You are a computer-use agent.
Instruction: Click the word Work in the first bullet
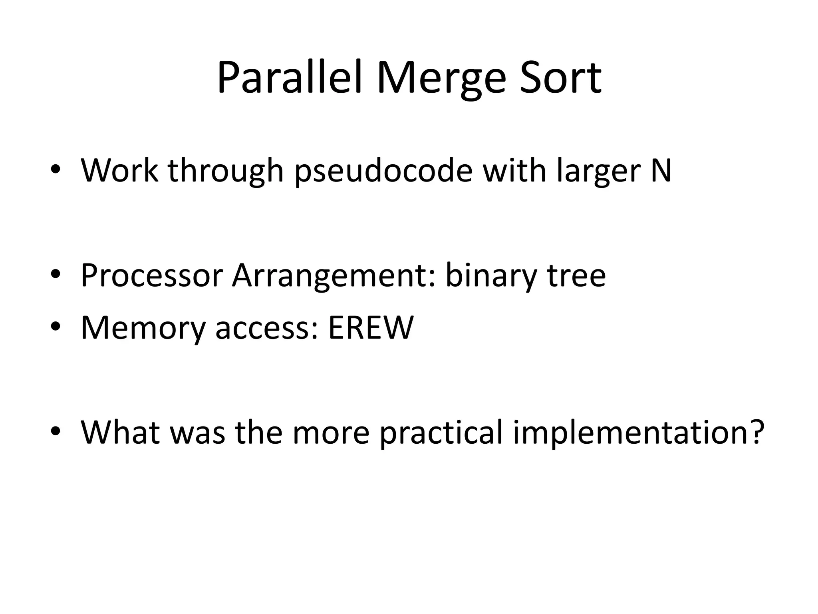click(x=119, y=170)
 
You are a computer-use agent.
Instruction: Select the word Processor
click(x=151, y=275)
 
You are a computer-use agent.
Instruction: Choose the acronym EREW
click(x=371, y=328)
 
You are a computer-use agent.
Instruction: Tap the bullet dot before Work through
click(x=56, y=171)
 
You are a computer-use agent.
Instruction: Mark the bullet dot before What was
click(x=56, y=432)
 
